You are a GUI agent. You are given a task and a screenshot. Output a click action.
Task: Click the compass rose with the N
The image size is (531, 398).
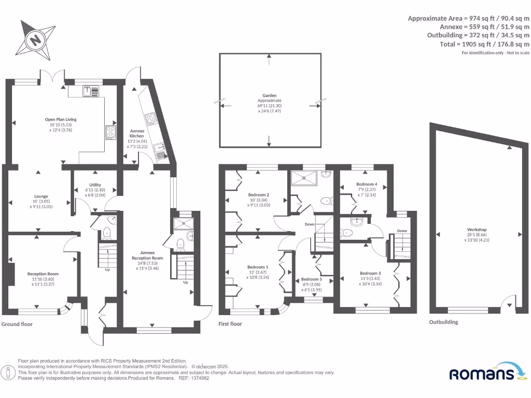pyautogui.click(x=35, y=39)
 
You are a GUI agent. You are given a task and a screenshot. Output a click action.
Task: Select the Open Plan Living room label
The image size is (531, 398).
pyautogui.click(x=60, y=124)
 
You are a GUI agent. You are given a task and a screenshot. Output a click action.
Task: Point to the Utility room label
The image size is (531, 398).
pyautogui.click(x=95, y=190)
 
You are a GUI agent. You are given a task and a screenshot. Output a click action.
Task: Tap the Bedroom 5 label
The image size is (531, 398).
pyautogui.click(x=312, y=284)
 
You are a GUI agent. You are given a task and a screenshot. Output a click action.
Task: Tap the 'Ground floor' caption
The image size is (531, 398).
pyautogui.click(x=17, y=324)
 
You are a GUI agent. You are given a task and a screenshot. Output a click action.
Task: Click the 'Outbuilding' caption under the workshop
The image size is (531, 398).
pyautogui.click(x=443, y=322)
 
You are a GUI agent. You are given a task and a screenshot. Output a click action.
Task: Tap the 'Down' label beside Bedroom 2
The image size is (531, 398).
pyautogui.click(x=310, y=224)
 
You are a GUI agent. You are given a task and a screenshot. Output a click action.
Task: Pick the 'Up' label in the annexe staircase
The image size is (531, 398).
pyautogui.click(x=185, y=282)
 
